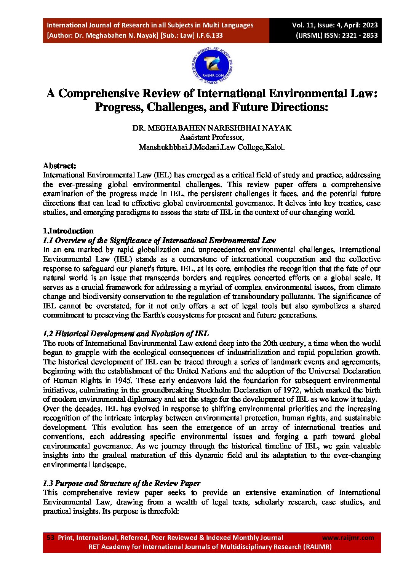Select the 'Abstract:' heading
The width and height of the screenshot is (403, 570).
[59, 166]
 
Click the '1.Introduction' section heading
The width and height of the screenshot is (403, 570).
[68, 231]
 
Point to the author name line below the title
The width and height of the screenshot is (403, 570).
[212, 128]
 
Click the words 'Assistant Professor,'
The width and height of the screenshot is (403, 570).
[212, 137]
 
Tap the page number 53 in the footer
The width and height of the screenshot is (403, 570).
[50, 538]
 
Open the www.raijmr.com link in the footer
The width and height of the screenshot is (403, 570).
[348, 538]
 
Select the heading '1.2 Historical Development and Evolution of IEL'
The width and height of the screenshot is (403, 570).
[126, 334]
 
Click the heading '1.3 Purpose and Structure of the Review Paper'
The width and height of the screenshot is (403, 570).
[122, 483]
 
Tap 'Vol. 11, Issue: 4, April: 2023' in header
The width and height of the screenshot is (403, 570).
[335, 25]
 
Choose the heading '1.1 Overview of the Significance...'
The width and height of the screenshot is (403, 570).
[159, 240]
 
